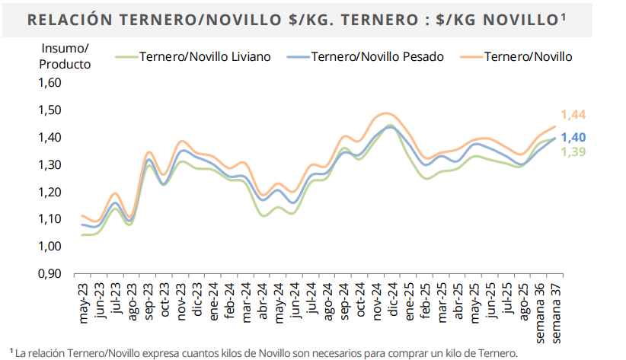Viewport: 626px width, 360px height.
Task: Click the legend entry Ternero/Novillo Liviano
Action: (193, 56)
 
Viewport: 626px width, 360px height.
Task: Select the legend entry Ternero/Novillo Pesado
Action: (366, 56)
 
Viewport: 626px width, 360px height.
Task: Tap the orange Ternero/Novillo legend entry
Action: (516, 56)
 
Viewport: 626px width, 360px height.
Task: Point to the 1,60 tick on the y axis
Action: (50, 83)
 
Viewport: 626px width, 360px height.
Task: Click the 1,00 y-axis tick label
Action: (50, 247)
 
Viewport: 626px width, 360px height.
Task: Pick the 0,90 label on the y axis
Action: (50, 274)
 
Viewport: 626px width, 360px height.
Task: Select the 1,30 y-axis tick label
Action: (50, 164)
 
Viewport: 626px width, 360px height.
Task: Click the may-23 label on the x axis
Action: (83, 304)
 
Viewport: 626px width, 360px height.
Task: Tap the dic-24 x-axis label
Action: (393, 299)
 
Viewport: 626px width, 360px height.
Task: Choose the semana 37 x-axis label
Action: (556, 314)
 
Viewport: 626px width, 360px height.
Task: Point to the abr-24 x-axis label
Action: (262, 301)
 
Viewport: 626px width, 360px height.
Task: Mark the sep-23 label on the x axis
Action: (148, 301)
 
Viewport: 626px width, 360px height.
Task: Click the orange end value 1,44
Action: (573, 114)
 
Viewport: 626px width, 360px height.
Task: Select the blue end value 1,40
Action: (573, 137)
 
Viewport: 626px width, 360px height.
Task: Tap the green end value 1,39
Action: (573, 151)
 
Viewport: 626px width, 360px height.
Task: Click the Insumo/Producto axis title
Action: (65, 56)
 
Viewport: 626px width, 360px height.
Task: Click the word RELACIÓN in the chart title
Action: (70, 20)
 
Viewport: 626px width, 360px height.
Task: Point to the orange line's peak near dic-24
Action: (385, 113)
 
